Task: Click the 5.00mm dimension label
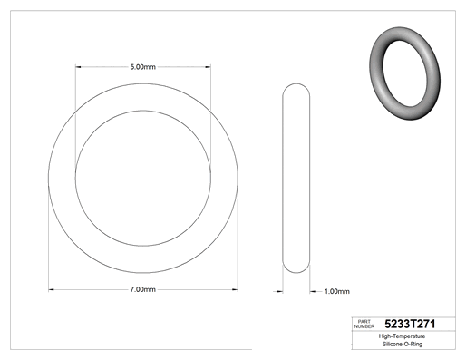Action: (x=143, y=67)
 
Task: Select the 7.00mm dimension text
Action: (x=143, y=289)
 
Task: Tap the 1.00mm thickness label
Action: (x=337, y=291)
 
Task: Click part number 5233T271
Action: (x=410, y=324)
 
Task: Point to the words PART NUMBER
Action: (x=364, y=324)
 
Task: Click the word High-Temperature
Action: (x=402, y=336)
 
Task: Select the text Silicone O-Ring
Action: (x=403, y=344)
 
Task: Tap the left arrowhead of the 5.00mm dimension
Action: (x=78, y=67)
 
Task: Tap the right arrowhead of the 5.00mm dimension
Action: (x=208, y=67)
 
